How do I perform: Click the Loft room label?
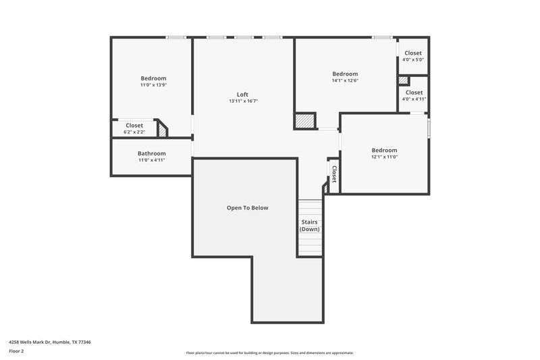(243, 95)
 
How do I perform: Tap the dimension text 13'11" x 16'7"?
(243, 101)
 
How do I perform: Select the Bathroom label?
(151, 153)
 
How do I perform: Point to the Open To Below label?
(247, 208)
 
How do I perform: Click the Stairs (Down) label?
(310, 226)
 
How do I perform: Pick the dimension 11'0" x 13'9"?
(153, 85)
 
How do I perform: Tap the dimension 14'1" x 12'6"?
(345, 80)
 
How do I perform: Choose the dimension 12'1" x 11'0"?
(384, 157)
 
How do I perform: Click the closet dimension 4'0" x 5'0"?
(412, 59)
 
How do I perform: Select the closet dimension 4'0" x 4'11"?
(414, 99)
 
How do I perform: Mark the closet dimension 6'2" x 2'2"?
(134, 132)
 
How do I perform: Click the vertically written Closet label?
(333, 174)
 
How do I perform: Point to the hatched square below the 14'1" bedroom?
(304, 121)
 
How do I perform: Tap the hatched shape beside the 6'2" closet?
(162, 130)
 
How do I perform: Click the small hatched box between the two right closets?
(403, 80)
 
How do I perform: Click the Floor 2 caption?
(17, 351)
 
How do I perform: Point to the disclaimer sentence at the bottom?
(270, 353)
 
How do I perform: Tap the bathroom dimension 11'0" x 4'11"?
(151, 160)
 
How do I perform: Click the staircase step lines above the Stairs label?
(310, 208)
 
